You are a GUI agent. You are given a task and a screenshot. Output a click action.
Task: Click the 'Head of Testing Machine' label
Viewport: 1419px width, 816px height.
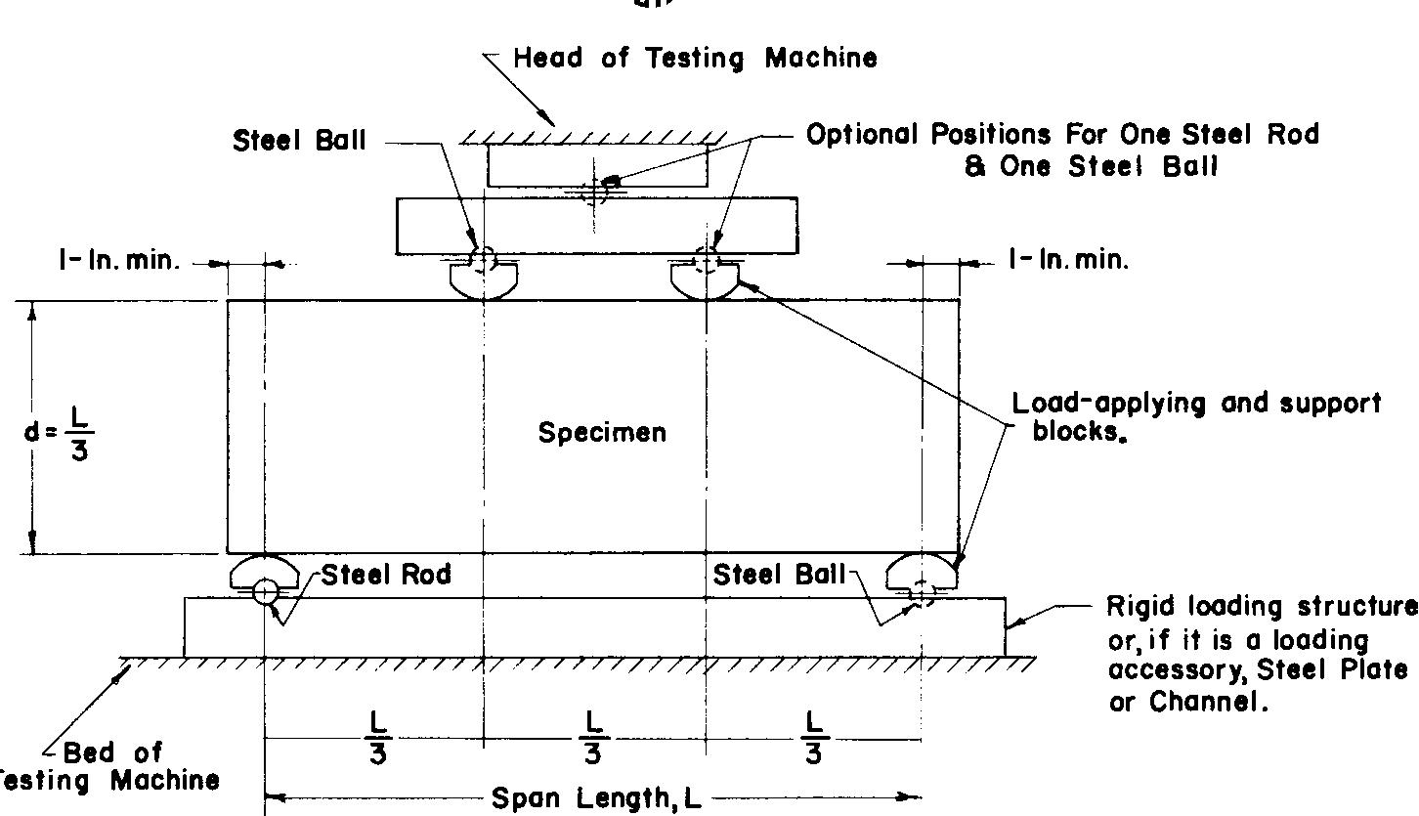[695, 58]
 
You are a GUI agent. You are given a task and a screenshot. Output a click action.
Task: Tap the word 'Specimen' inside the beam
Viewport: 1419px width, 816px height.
[602, 432]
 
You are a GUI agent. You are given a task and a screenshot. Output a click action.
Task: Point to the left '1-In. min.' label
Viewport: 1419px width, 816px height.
[120, 262]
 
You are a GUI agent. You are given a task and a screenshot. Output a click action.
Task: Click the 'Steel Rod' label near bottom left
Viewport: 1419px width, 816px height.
[386, 575]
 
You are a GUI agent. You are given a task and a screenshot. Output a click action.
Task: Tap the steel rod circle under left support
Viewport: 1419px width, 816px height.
[265, 591]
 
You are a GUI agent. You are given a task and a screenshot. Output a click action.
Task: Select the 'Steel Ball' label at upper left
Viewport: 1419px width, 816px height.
[299, 141]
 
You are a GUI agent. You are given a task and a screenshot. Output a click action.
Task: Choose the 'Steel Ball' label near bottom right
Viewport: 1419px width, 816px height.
[779, 575]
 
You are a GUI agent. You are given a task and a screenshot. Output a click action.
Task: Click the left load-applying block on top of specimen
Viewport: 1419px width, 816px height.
[485, 280]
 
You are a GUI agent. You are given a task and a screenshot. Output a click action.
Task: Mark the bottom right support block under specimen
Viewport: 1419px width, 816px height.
[921, 572]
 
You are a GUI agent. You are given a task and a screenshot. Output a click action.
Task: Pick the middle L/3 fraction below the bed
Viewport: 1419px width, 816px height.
[593, 738]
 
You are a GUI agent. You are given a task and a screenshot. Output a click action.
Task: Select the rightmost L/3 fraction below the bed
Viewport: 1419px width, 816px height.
[813, 738]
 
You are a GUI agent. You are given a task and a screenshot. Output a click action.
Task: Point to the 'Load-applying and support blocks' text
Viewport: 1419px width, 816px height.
[1196, 416]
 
